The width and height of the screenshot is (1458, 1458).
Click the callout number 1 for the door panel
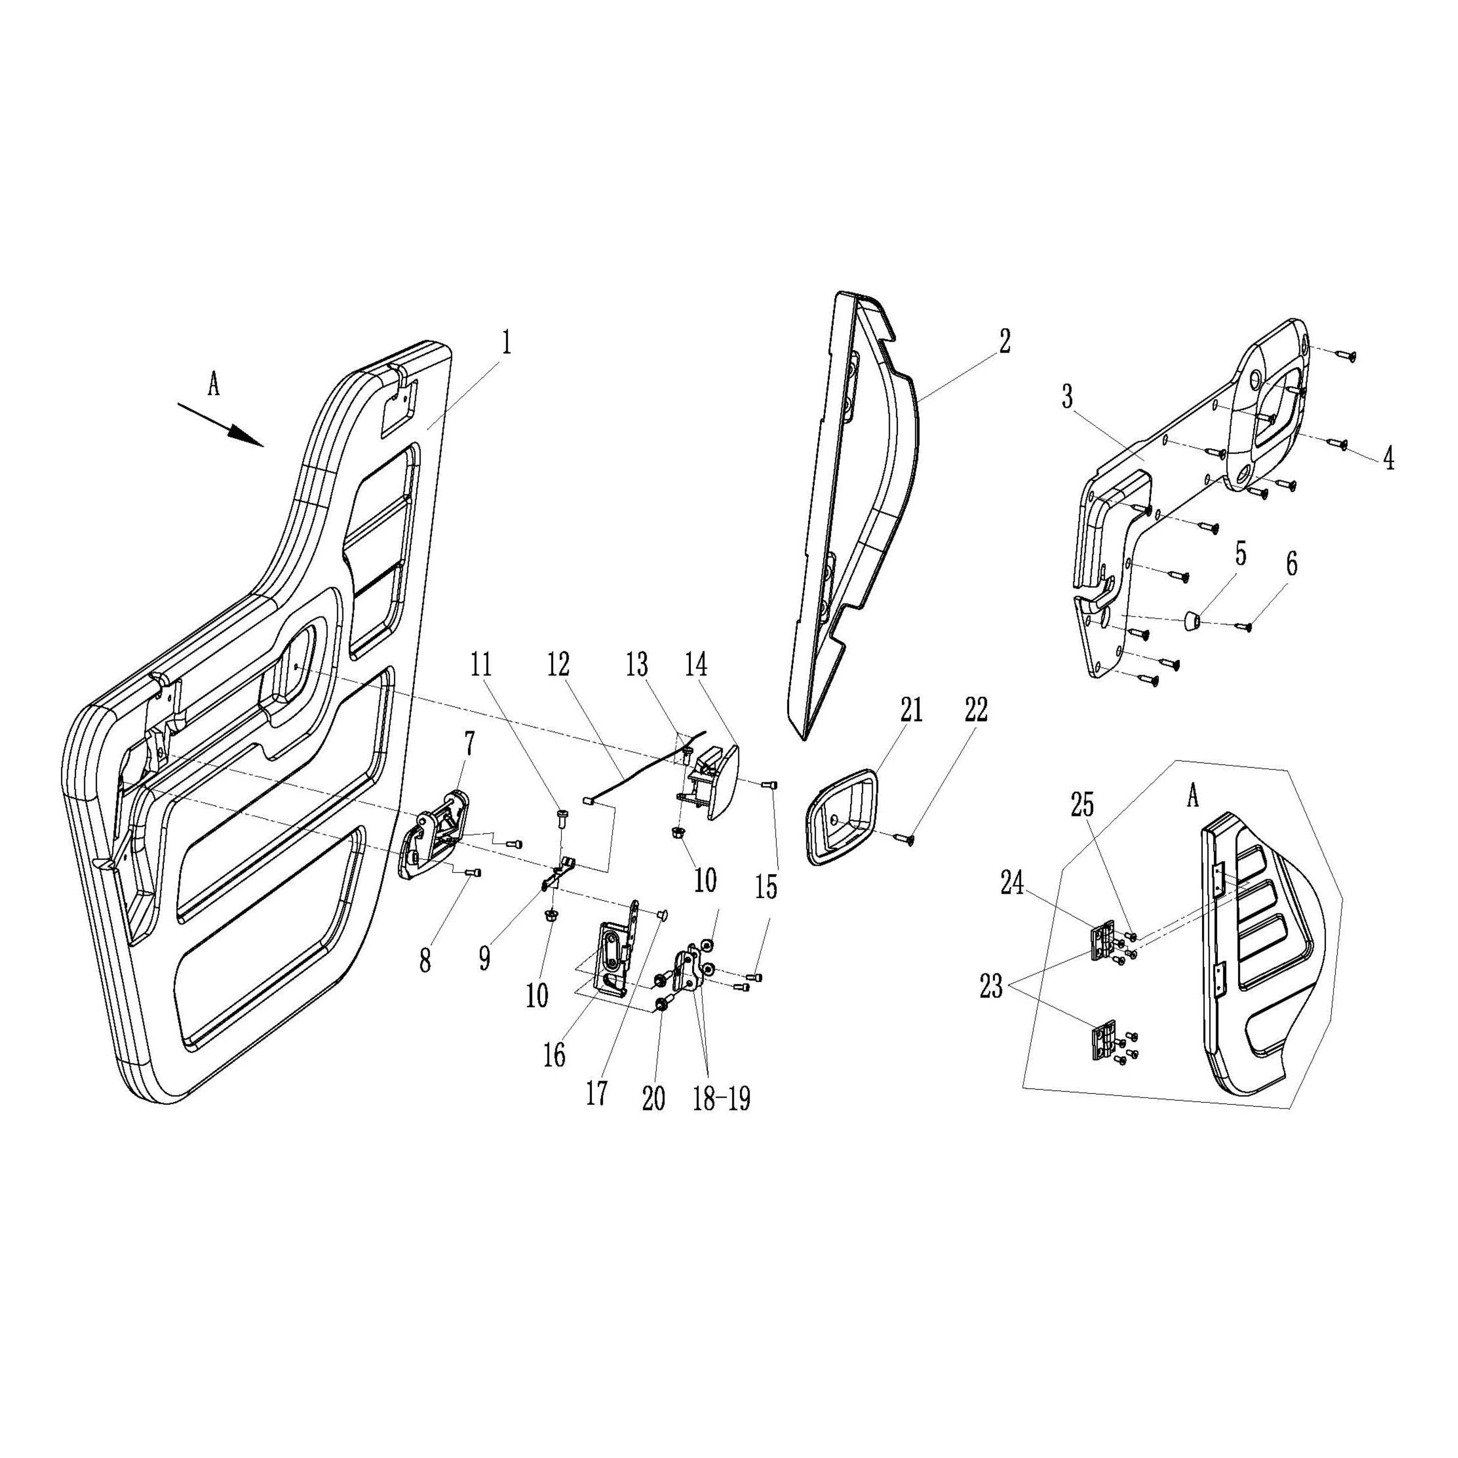[x=506, y=343]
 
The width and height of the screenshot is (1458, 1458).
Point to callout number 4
[x=1389, y=460]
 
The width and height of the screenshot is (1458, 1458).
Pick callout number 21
[x=911, y=711]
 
